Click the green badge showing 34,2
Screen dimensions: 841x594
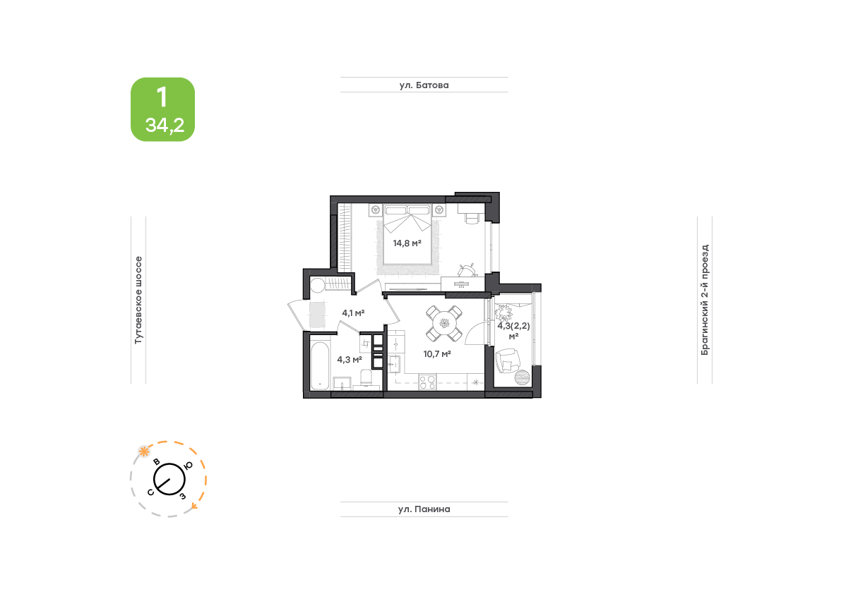(162, 109)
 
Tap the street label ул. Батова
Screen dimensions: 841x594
(424, 85)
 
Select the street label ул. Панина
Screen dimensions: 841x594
(424, 509)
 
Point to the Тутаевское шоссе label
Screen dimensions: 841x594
(138, 300)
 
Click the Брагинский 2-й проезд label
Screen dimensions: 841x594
(705, 300)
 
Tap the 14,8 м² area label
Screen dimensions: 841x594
(407, 243)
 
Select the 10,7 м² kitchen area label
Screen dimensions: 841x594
(437, 354)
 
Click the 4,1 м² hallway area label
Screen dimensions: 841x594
(354, 313)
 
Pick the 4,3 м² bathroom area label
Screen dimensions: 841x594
(349, 359)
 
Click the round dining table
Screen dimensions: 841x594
(444, 324)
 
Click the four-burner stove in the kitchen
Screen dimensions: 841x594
(427, 382)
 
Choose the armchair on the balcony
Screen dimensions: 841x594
(508, 360)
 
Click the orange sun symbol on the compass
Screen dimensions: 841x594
(144, 451)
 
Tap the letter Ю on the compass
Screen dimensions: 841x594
(189, 466)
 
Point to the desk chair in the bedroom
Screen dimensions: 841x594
(472, 219)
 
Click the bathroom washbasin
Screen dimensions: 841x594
(342, 383)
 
